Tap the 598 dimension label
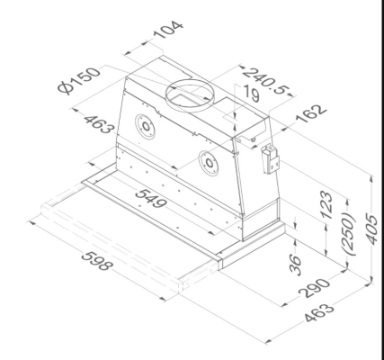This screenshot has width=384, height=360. pos(99,269)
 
